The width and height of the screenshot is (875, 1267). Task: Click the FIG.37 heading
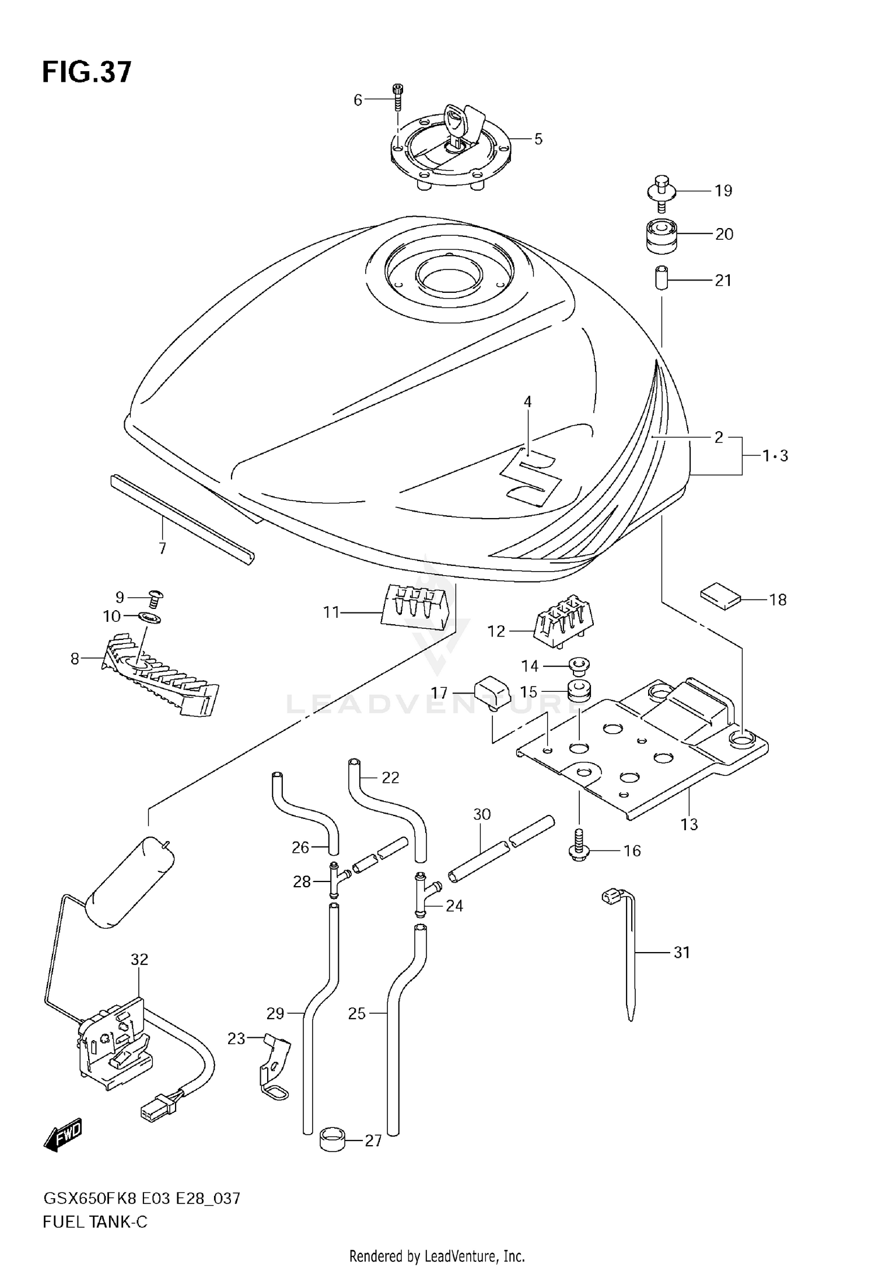click(87, 73)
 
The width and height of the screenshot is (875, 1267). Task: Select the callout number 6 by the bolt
click(358, 100)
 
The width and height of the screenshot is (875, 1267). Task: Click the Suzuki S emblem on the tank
click(532, 477)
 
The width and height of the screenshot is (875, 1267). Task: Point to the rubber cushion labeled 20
click(662, 236)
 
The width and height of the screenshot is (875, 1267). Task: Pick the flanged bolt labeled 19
click(661, 192)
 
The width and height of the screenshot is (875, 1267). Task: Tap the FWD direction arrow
click(62, 1135)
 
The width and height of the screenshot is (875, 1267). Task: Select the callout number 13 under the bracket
click(689, 824)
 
